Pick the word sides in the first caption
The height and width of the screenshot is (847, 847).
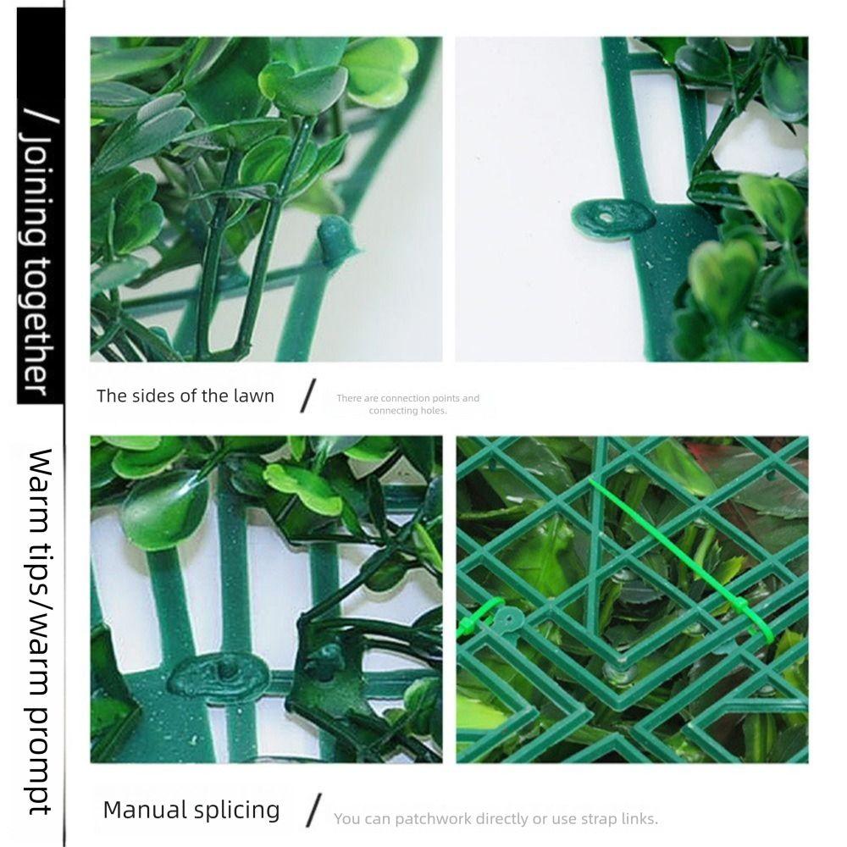click(156, 396)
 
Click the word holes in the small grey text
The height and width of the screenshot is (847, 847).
click(432, 411)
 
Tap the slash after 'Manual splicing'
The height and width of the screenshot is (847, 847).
click(313, 811)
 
